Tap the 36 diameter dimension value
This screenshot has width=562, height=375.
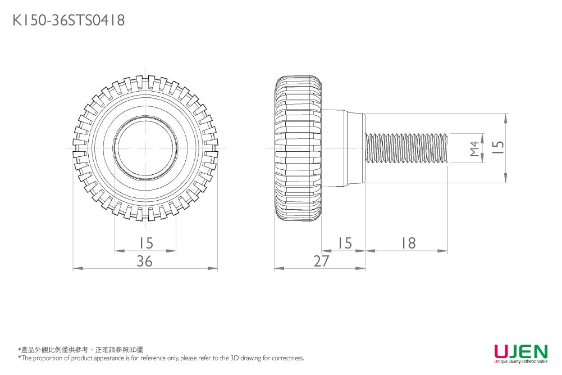145,261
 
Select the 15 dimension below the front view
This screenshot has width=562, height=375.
145,243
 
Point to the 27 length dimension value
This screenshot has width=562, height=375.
322,261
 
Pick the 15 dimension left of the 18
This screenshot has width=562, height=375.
344,243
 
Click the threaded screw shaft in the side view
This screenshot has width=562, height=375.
406,148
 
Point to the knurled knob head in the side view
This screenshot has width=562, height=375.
298,148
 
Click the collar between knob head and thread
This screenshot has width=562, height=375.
342,148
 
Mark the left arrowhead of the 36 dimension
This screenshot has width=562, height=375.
76,269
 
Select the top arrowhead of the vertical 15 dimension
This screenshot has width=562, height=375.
506,117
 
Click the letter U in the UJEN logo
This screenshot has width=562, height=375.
501,351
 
